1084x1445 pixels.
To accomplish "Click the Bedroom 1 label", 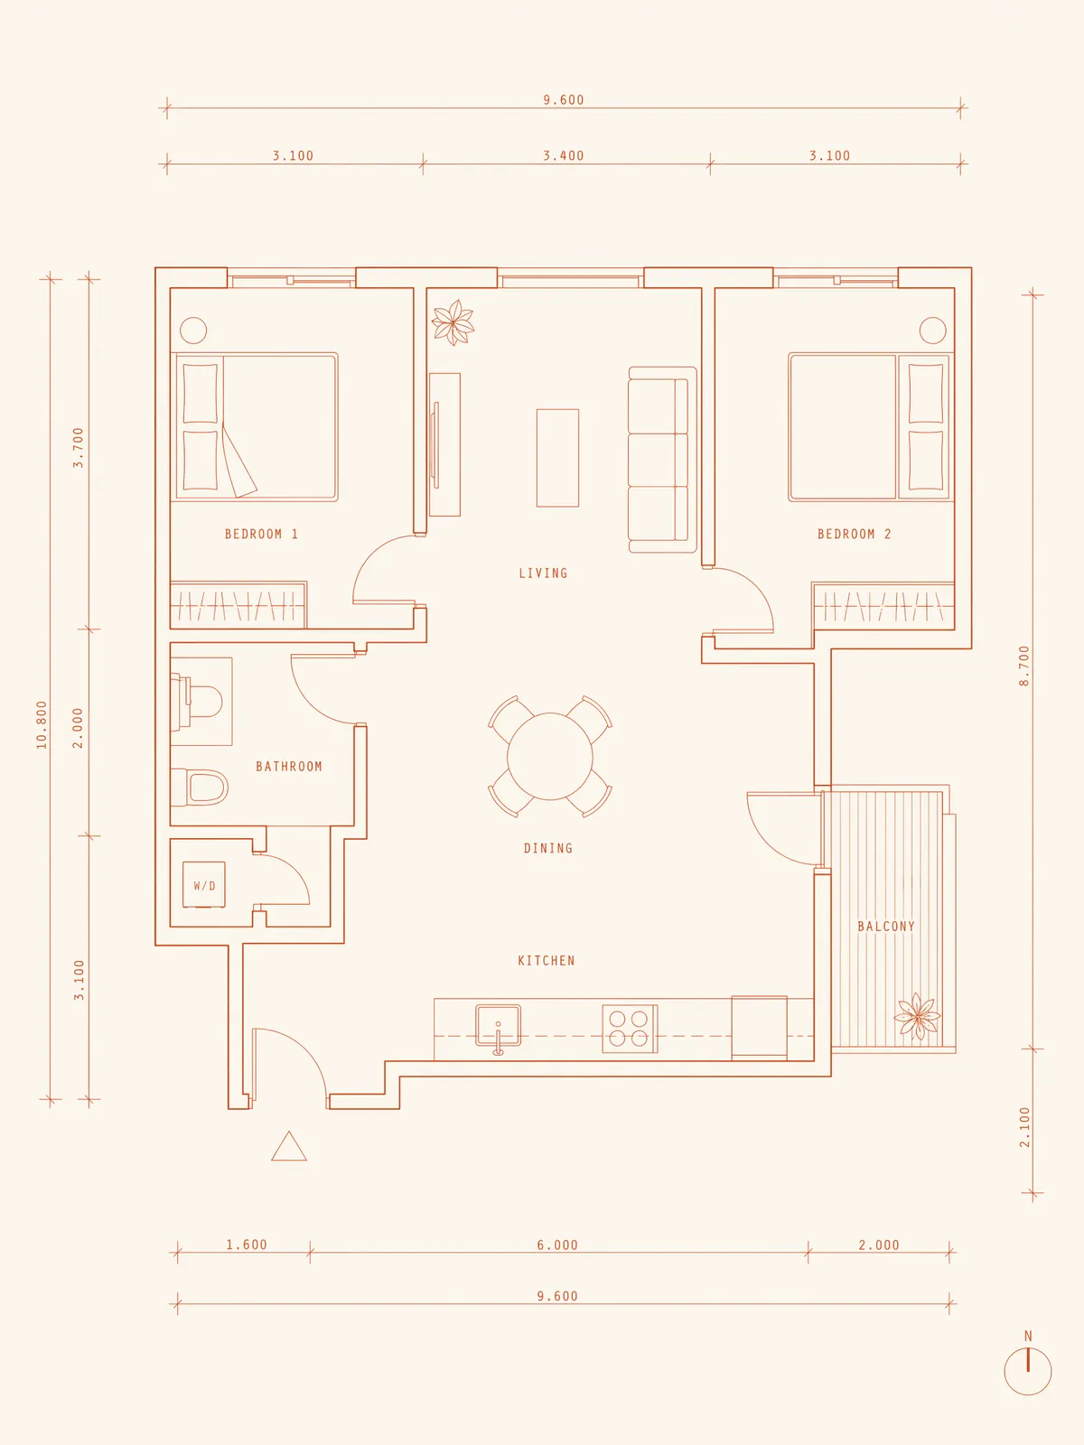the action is (x=261, y=534).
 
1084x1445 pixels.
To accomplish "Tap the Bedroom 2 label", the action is (x=855, y=534).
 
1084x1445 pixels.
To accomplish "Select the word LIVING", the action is (x=543, y=573).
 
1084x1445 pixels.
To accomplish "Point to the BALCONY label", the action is (x=886, y=927).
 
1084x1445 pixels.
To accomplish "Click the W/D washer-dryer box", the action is (x=204, y=885).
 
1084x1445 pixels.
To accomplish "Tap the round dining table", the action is (x=549, y=757).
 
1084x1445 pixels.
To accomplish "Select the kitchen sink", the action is (x=499, y=1027).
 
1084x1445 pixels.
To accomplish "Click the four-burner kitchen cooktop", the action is (x=630, y=1029).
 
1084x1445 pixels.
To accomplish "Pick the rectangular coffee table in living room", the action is (x=557, y=458).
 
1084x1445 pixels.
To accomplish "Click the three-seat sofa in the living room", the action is (x=662, y=460).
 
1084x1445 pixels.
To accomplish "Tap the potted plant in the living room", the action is (x=453, y=322).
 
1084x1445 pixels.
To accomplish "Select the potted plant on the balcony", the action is (x=917, y=1017).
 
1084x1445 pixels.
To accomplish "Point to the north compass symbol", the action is (x=1027, y=1371).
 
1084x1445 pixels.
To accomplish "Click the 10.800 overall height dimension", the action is (x=42, y=725).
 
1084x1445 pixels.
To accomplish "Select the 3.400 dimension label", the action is (x=564, y=156).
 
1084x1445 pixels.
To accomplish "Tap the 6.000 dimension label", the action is (x=556, y=1245).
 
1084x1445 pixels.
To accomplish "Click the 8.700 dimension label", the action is (x=1024, y=667).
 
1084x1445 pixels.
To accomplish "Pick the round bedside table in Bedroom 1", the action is (x=193, y=331).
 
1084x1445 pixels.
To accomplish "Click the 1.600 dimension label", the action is (x=247, y=1245).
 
